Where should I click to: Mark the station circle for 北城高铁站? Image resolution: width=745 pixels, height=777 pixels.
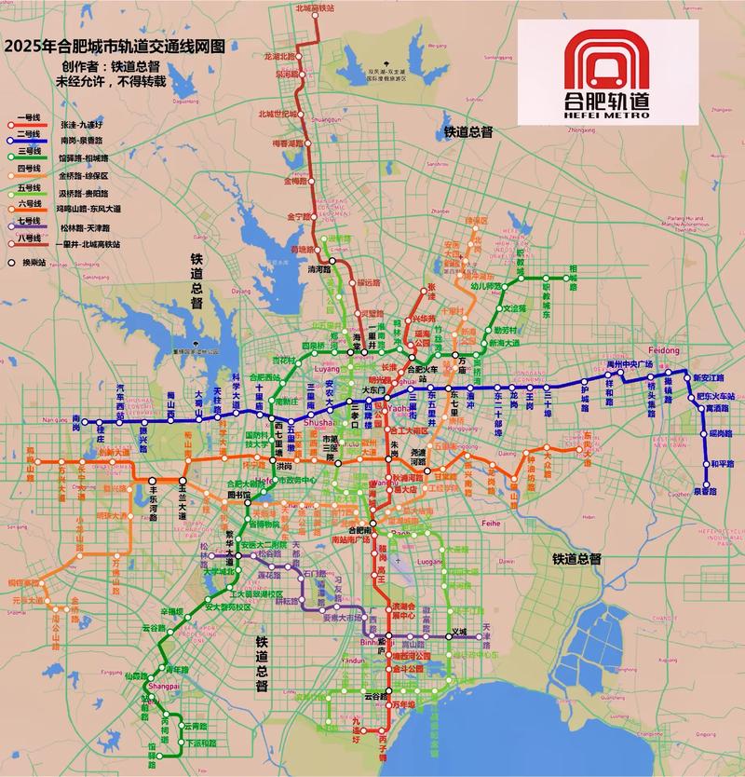pyautogui.click(x=315, y=16)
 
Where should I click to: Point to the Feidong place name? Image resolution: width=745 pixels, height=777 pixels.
pyautogui.click(x=667, y=348)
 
